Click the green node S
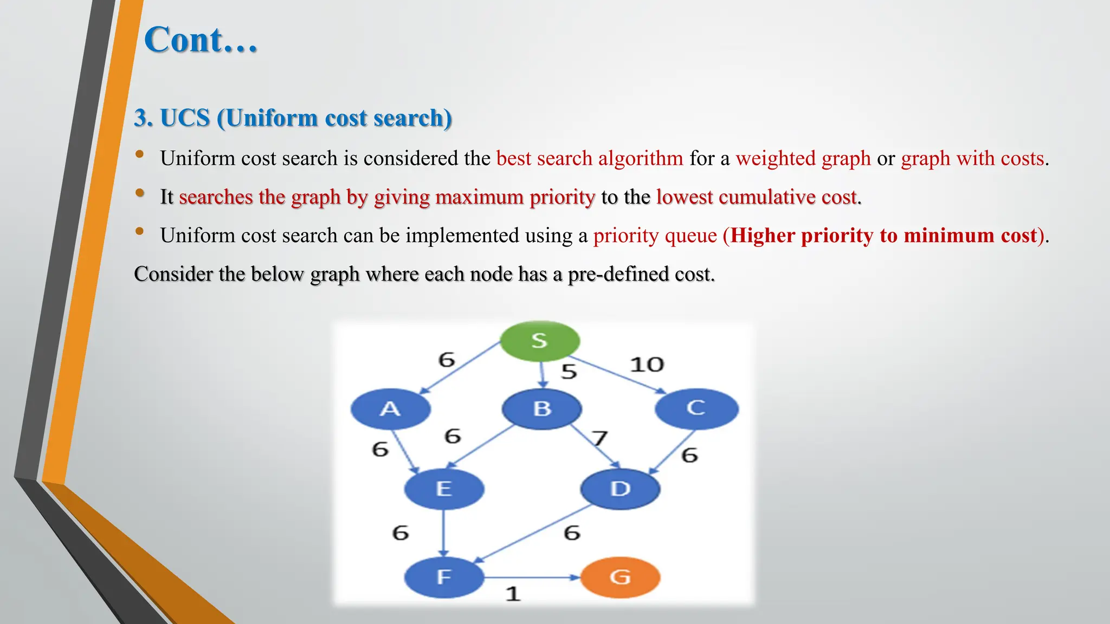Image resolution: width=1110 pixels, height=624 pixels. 539,341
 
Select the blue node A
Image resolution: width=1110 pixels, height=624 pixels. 390,409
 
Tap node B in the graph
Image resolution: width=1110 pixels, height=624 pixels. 542,409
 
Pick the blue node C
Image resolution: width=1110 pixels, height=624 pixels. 696,408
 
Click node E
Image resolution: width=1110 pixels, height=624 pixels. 444,489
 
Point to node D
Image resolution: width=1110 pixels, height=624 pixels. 620,489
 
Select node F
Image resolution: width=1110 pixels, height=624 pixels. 444,577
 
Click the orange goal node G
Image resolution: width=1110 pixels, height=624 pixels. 620,577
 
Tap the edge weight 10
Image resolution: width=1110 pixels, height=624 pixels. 647,365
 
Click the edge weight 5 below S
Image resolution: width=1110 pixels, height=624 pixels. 569,372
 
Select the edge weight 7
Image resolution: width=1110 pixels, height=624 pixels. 599,438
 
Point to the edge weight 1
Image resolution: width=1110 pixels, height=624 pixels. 513,594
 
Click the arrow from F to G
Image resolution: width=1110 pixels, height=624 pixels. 531,577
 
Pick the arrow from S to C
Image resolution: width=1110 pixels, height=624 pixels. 618,374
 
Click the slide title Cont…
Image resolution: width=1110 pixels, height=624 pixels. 201,40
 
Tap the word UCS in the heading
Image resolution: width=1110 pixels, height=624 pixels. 185,118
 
